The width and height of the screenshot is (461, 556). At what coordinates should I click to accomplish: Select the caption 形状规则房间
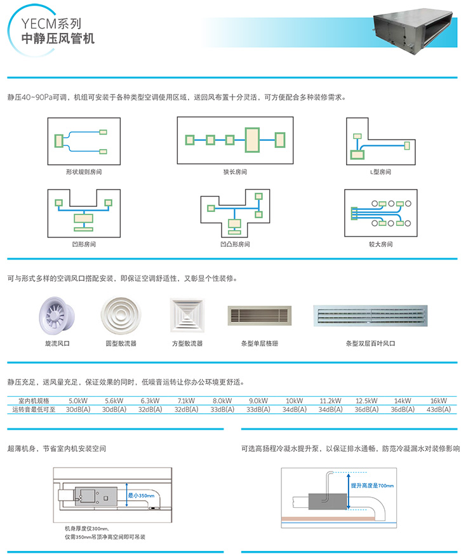pyautogui.click(x=84, y=172)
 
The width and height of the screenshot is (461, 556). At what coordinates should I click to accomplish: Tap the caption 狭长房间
pyautogui.click(x=235, y=172)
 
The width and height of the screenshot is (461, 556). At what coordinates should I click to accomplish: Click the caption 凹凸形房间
pyautogui.click(x=235, y=244)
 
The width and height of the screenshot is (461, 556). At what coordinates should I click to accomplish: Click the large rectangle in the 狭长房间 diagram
pyautogui.click(x=252, y=139)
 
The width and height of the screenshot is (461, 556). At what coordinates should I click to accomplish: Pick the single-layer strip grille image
pyautogui.click(x=260, y=315)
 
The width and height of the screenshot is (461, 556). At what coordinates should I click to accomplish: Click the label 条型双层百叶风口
pyautogui.click(x=370, y=343)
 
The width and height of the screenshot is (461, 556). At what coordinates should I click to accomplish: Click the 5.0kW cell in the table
pyautogui.click(x=77, y=401)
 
